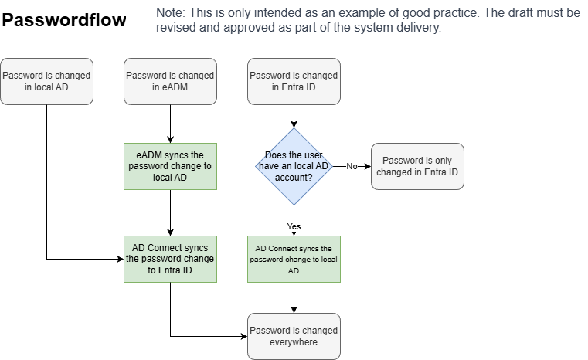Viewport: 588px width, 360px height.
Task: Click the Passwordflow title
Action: coord(64,21)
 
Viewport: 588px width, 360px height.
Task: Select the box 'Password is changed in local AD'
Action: coord(46,81)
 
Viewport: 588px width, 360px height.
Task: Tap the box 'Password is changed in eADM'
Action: coord(170,81)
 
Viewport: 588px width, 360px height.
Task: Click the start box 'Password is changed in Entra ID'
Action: coord(294,81)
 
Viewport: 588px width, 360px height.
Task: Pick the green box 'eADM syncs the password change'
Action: coord(170,166)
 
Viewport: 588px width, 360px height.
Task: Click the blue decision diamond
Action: coord(294,166)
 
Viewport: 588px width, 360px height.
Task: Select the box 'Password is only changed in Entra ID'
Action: coord(417,166)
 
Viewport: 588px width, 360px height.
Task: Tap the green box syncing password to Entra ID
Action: coord(170,259)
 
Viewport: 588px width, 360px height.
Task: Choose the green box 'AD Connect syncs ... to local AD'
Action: coord(294,259)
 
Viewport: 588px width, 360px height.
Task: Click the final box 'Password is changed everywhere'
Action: coord(294,336)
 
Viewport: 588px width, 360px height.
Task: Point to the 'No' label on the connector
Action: coord(352,166)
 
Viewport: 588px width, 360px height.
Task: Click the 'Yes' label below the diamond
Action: coord(294,226)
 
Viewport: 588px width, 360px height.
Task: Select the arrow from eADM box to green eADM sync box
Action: coord(170,124)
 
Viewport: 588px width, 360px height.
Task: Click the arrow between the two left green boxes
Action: coord(170,212)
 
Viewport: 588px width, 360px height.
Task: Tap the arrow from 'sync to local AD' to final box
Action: coord(294,297)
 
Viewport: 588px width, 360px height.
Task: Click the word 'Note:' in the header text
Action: coord(170,13)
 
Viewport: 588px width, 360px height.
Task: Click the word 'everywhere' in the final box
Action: coord(294,342)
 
